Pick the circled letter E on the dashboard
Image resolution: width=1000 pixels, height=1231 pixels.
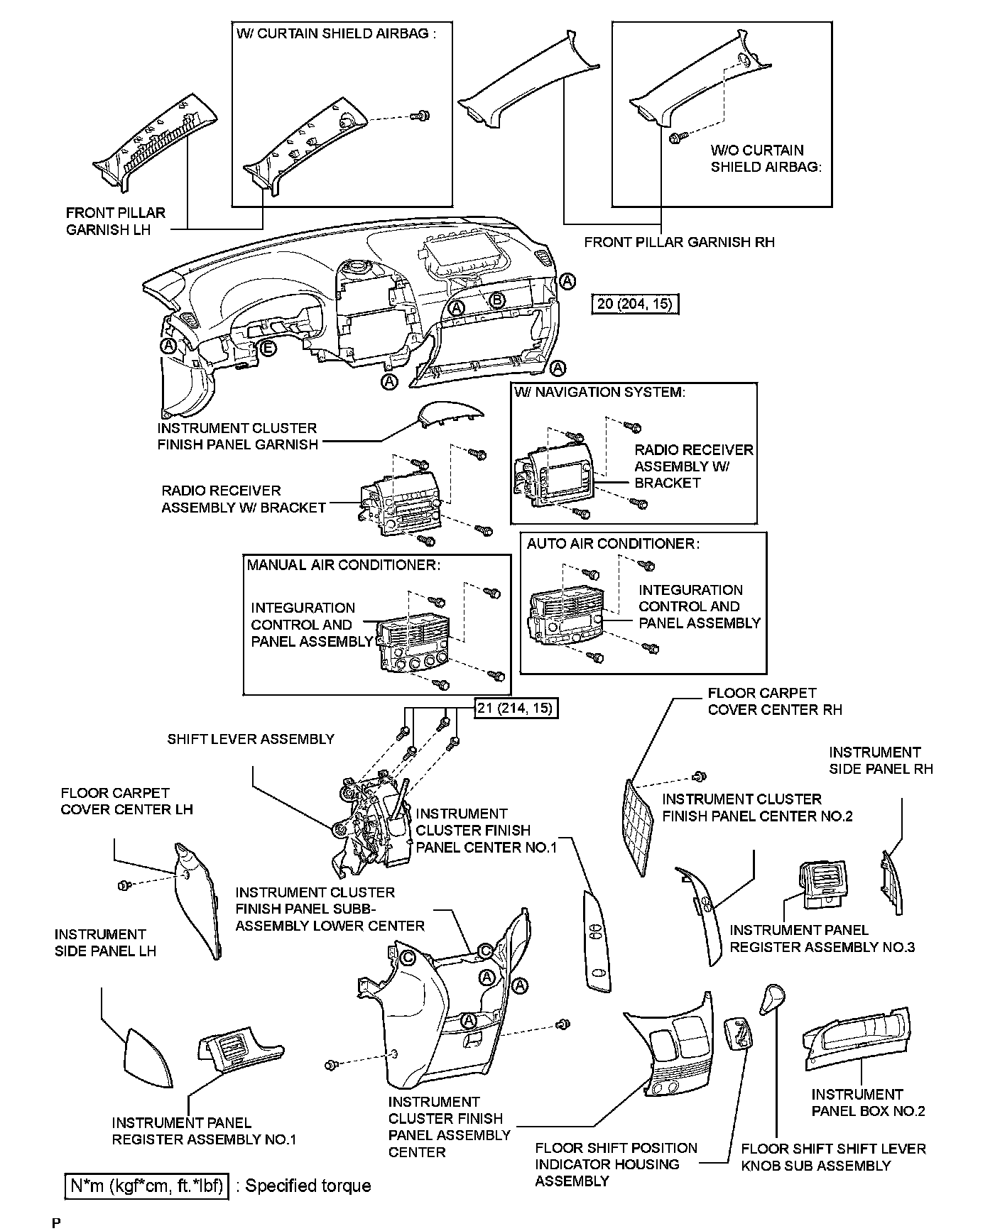point(267,349)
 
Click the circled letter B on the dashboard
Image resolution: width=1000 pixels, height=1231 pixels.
point(497,300)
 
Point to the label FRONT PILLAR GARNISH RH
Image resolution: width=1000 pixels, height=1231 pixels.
point(679,242)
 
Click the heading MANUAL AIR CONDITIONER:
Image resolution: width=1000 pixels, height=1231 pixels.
point(344,564)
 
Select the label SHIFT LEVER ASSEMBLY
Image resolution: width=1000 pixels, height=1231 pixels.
point(251,739)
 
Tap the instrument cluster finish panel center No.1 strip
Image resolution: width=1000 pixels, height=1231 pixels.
point(595,941)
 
